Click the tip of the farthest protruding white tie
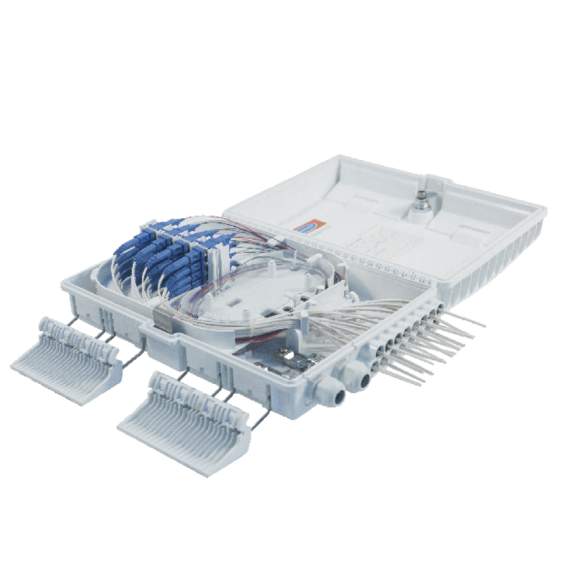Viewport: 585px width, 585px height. point(484,324)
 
